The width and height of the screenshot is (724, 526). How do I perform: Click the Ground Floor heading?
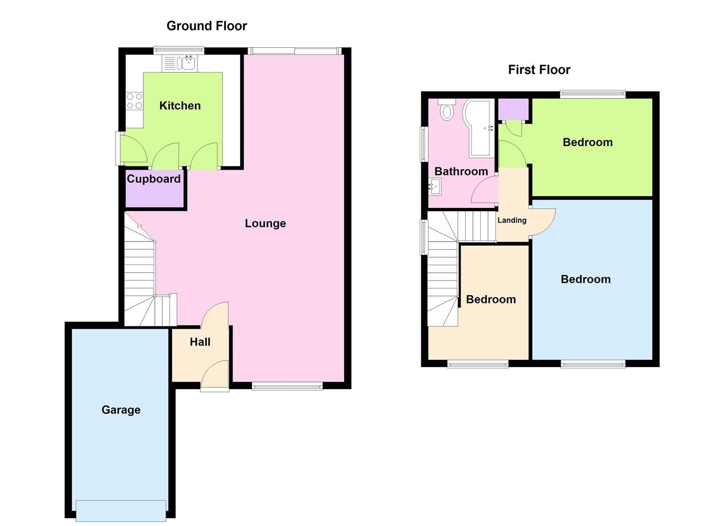[207, 26]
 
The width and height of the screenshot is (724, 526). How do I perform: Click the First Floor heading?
[539, 70]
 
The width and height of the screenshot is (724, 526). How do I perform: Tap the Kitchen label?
[180, 106]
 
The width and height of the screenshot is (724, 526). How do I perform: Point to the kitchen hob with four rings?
[135, 101]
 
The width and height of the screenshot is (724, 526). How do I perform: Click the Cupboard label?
[154, 179]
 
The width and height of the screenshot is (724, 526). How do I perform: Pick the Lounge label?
[265, 224]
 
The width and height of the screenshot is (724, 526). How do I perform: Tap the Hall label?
[200, 342]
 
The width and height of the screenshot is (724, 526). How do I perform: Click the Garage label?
[121, 410]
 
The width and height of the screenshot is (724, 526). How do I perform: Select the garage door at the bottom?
[121, 510]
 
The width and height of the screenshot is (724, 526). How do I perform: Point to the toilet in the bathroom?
[446, 111]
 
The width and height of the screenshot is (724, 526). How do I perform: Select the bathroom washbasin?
[434, 187]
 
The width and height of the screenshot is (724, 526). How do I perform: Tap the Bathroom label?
[461, 171]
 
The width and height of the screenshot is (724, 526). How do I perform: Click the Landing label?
[511, 220]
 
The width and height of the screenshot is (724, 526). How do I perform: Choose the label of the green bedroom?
[587, 142]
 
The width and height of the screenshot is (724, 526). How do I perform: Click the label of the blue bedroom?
[585, 279]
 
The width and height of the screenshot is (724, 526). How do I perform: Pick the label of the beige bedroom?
[490, 300]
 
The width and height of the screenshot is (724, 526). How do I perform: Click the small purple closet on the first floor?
[513, 109]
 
